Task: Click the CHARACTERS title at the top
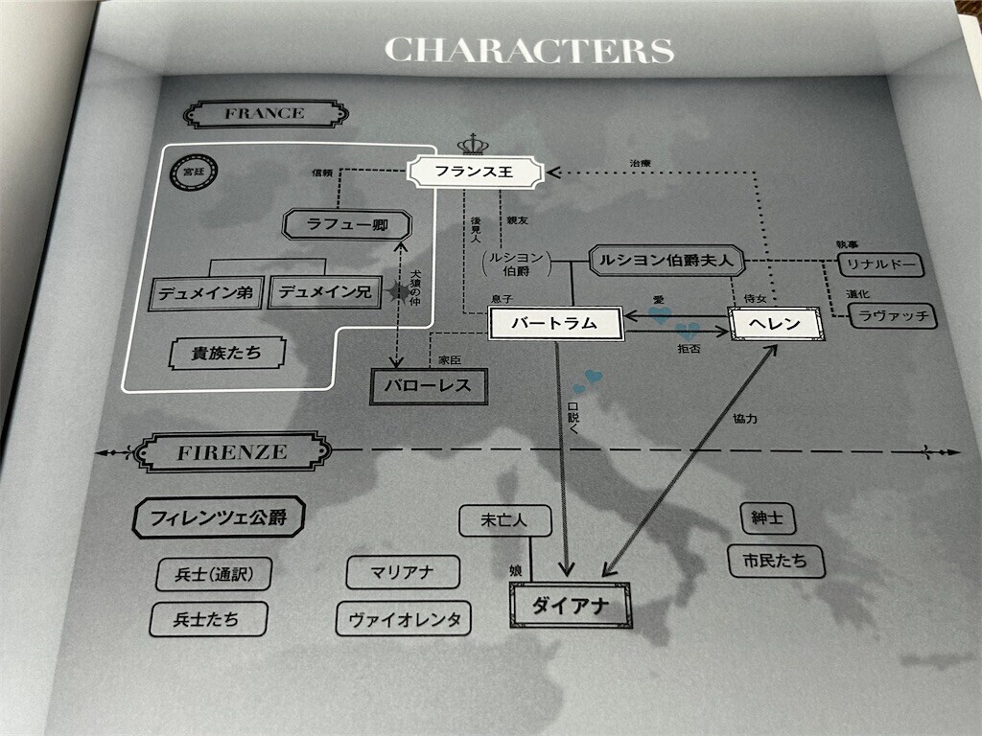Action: [528, 49]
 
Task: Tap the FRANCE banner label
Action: [265, 114]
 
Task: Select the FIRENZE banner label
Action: [231, 452]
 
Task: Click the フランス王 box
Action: [475, 173]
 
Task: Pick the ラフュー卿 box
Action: [348, 226]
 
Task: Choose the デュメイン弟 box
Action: [206, 293]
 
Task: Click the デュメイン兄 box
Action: [325, 292]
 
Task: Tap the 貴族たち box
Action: [227, 354]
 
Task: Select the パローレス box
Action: [429, 387]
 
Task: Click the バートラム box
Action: [555, 324]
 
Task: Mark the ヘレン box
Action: [778, 324]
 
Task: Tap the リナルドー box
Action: [879, 264]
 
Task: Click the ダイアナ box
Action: [571, 605]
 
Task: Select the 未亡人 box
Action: [504, 521]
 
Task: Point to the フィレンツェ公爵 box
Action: [218, 518]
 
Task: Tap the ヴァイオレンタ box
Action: [404, 618]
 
